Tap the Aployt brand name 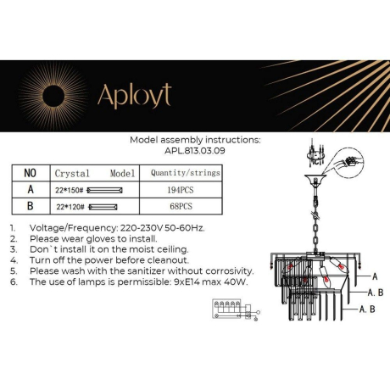click(133, 96)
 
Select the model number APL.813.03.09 click(195, 155)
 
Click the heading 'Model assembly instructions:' click(195, 142)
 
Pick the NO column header click(31, 172)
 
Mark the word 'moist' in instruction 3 click(140, 250)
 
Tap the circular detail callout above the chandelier click(355, 159)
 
